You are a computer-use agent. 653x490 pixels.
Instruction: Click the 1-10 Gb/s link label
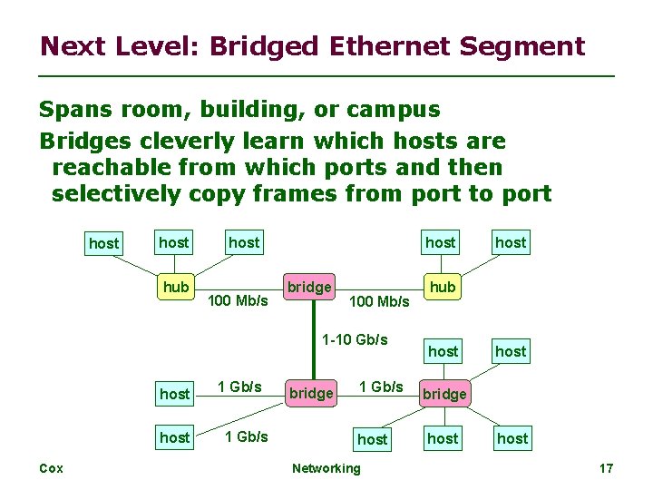(356, 340)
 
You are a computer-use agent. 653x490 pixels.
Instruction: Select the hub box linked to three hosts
(175, 287)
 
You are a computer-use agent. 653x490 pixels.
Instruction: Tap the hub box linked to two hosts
(443, 287)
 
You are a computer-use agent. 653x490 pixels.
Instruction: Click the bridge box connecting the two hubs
(309, 287)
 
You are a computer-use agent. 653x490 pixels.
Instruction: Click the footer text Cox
(50, 468)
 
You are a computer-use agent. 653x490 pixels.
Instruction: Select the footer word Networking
(326, 468)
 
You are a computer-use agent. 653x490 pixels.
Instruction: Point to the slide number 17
(606, 468)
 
